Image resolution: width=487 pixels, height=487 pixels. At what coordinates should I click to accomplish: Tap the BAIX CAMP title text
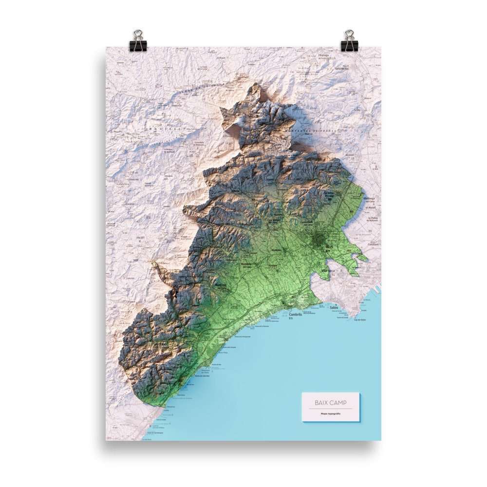[x=331, y=403]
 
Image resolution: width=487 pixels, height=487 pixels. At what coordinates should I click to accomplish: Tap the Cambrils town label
[x=296, y=315]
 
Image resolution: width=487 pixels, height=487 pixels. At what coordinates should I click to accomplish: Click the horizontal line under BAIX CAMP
[x=331, y=409]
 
